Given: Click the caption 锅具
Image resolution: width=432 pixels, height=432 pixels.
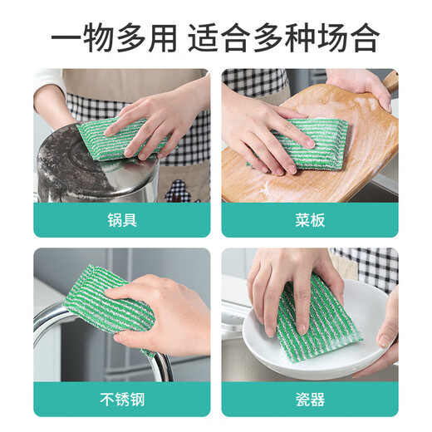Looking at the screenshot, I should click(121, 220).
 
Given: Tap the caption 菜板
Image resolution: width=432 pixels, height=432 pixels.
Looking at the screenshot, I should click(309, 220).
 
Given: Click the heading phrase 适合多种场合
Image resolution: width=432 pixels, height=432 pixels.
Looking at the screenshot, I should click(284, 37).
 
